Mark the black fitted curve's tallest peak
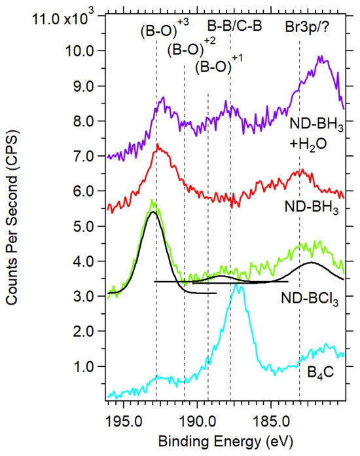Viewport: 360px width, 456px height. point(153,212)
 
